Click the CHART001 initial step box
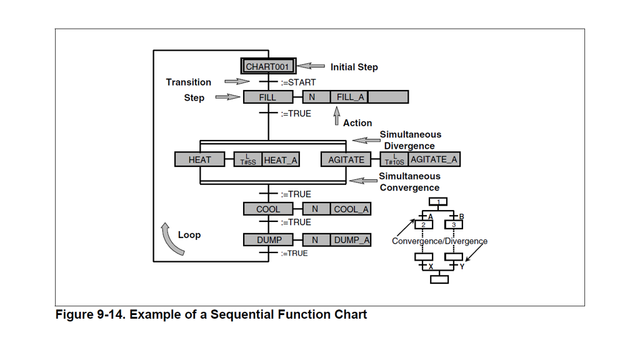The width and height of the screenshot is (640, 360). [x=268, y=66]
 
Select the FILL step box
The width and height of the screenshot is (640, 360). [x=267, y=97]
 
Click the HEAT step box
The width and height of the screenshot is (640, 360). [x=199, y=159]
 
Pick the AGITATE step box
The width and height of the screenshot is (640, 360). [x=346, y=159]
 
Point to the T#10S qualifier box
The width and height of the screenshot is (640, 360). [x=394, y=159]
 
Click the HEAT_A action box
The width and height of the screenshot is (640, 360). [x=281, y=160]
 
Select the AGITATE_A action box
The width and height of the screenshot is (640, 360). [x=434, y=159]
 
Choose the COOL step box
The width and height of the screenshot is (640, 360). [x=268, y=209]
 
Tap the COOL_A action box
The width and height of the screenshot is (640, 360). [x=351, y=209]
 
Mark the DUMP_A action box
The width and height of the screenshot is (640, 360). [x=351, y=239]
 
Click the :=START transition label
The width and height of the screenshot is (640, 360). [x=298, y=82]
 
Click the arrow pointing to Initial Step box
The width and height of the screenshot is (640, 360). [x=311, y=66]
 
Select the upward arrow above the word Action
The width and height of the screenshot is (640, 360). [x=337, y=117]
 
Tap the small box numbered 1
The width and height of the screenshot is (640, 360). [x=439, y=202]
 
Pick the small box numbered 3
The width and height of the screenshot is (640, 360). [x=454, y=224]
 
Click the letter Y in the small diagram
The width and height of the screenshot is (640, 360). [x=462, y=267]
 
